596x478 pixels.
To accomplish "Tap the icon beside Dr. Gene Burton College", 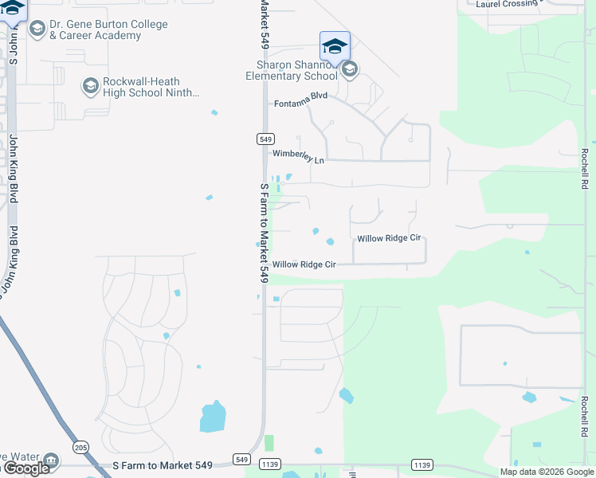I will pos(37,29).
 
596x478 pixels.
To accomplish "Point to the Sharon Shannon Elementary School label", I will pos(291,71).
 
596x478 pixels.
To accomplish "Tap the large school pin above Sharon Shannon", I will pos(335,45).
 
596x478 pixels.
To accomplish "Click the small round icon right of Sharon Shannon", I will pos(349,70).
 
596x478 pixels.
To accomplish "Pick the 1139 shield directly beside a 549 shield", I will pos(270,464).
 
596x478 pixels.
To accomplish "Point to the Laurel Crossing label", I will pos(508,4).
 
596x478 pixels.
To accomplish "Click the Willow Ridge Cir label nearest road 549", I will pos(304,264).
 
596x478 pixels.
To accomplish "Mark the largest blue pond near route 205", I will pos(213,416).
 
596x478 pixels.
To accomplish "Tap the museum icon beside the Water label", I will pos(51,460).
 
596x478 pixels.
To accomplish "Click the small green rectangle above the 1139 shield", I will pos(269,443).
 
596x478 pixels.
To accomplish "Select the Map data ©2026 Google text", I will pos(546,472).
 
